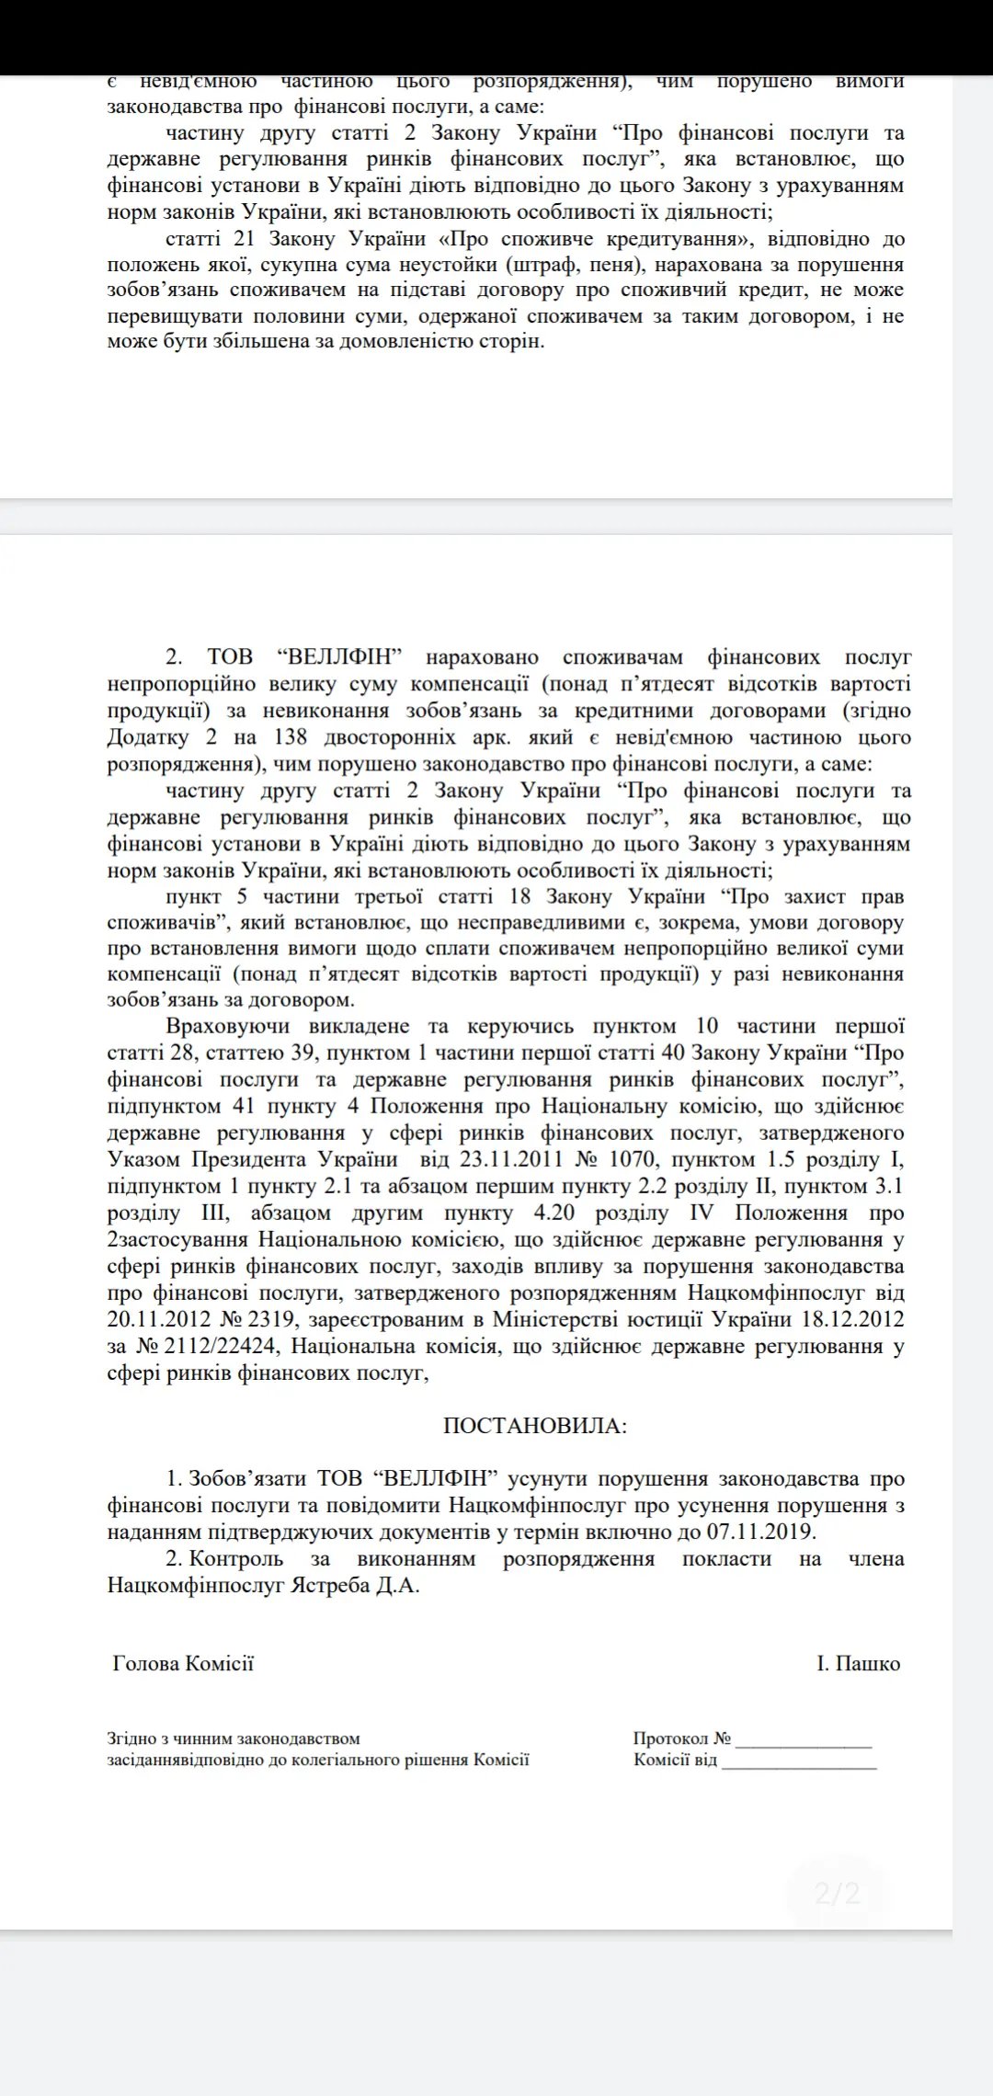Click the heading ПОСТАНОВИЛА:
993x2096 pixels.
(x=535, y=1426)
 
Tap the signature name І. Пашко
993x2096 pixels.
(x=858, y=1663)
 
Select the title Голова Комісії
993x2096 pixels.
(x=183, y=1663)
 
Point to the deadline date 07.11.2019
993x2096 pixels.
(x=760, y=1532)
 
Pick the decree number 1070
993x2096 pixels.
(x=633, y=1159)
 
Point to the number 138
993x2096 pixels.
(x=291, y=737)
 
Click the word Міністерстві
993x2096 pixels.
(x=556, y=1319)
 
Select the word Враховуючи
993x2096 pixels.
(x=228, y=1026)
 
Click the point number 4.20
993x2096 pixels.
(x=554, y=1213)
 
